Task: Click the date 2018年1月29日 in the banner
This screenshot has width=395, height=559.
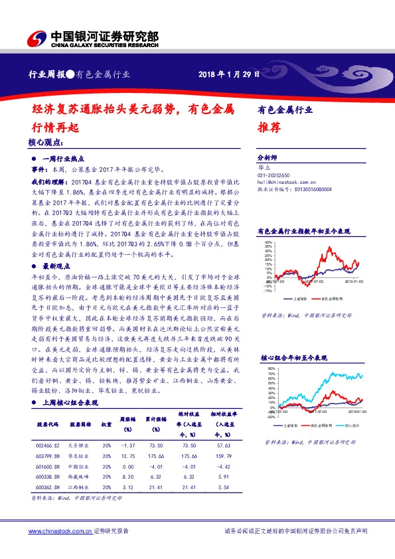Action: [x=228, y=74]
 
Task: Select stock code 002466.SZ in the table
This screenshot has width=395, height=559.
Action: [x=48, y=446]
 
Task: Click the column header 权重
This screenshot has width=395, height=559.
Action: [x=106, y=424]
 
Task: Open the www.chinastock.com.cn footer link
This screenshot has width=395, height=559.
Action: [x=59, y=531]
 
